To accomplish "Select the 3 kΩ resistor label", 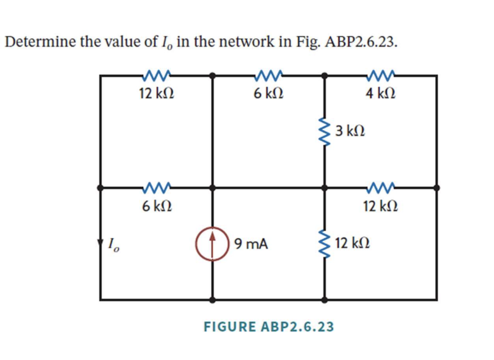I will click(x=350, y=131).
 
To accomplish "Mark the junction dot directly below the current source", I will click(x=212, y=300).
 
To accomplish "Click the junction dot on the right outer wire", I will click(x=437, y=187).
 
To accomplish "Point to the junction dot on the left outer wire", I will click(x=100, y=187).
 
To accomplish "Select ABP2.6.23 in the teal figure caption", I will click(x=297, y=327).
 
